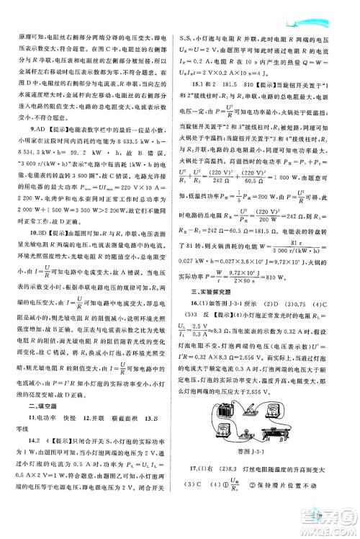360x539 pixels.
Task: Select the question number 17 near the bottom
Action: pyautogui.click(x=198, y=470)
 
